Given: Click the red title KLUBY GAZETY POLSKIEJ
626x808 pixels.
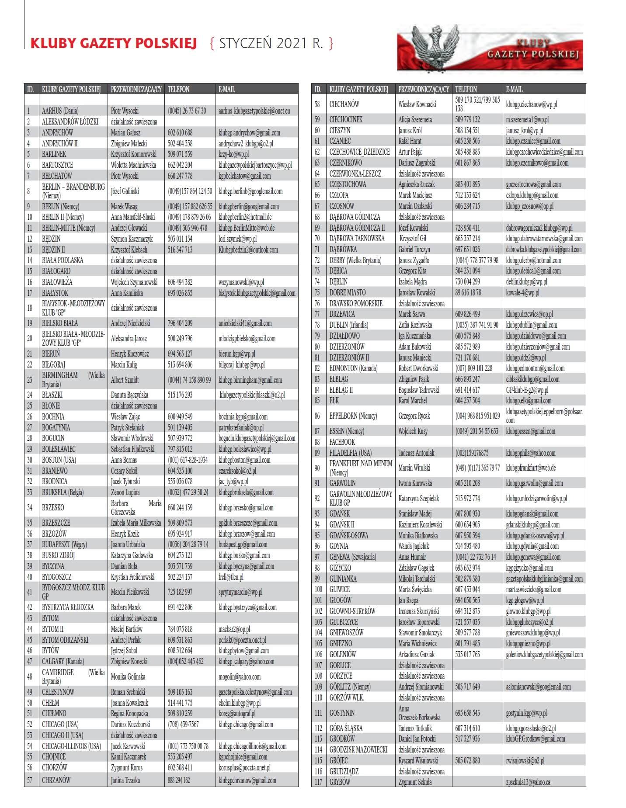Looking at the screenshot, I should [x=114, y=43].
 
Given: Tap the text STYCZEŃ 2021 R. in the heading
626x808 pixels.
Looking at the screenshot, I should [x=271, y=43].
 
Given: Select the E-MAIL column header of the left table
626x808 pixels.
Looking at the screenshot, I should [x=227, y=89].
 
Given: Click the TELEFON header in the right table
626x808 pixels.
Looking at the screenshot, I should [x=466, y=89].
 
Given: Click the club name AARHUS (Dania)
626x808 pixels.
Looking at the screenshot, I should [x=60, y=111].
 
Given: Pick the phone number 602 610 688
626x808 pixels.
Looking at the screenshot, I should [x=180, y=132].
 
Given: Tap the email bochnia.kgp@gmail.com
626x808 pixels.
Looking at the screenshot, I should [x=243, y=416].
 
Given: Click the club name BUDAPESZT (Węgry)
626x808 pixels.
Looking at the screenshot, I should [x=64, y=544].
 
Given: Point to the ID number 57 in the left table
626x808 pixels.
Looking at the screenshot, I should [x=30, y=780].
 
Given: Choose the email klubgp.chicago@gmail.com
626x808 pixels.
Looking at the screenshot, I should [x=246, y=724].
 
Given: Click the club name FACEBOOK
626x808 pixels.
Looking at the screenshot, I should [x=342, y=442].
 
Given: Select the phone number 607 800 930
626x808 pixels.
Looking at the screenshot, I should [x=467, y=513].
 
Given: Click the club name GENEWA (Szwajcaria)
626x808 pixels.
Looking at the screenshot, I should [x=353, y=557].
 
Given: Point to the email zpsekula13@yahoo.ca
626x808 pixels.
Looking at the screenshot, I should [x=528, y=782].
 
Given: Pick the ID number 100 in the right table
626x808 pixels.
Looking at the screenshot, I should [x=318, y=590].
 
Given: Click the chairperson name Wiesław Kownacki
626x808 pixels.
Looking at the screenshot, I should [x=417, y=104].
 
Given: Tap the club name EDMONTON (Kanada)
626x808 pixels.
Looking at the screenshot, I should [x=353, y=368].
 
